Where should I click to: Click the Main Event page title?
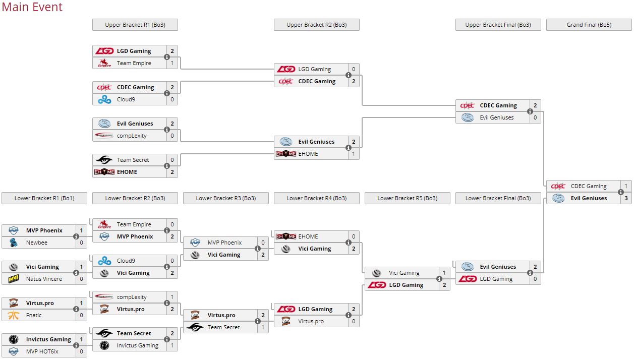point(32,8)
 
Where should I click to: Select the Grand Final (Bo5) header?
point(589,25)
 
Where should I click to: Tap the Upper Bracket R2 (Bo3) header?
point(316,25)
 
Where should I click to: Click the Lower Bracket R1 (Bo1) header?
point(44,198)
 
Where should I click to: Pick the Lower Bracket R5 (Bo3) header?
point(407,198)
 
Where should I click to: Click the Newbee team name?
point(37,243)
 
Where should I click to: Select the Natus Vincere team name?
point(44,279)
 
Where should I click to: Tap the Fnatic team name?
point(34,315)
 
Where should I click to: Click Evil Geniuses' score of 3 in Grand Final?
point(626,198)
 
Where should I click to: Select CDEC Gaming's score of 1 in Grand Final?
point(626,186)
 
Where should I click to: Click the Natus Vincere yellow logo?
point(14,279)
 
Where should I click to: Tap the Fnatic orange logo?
point(14,315)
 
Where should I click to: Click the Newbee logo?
point(14,243)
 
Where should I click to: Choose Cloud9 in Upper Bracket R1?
point(126,99)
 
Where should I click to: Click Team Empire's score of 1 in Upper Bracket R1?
point(172,63)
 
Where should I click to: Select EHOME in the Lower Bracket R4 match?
point(308,236)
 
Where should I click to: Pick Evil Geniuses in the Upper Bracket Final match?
point(496,117)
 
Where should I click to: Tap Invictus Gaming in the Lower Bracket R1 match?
point(48,339)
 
